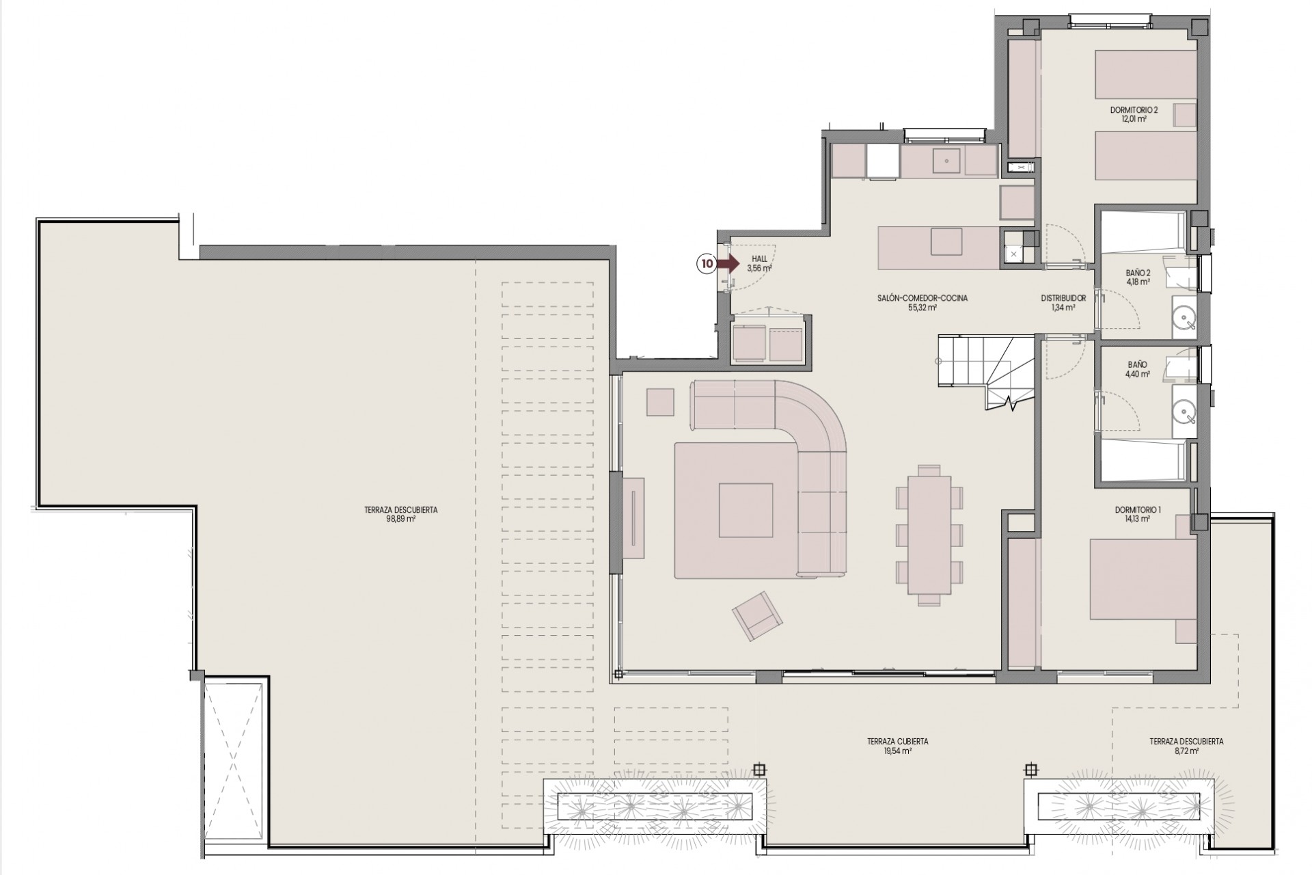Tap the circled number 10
click(707, 262)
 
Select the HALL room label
click(759, 259)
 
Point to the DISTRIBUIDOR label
click(1063, 298)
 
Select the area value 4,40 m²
click(1137, 374)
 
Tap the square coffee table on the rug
click(746, 510)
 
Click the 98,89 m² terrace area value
click(400, 519)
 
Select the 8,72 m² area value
click(1186, 750)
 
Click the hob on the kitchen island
click(946, 241)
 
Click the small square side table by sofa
click(660, 402)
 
